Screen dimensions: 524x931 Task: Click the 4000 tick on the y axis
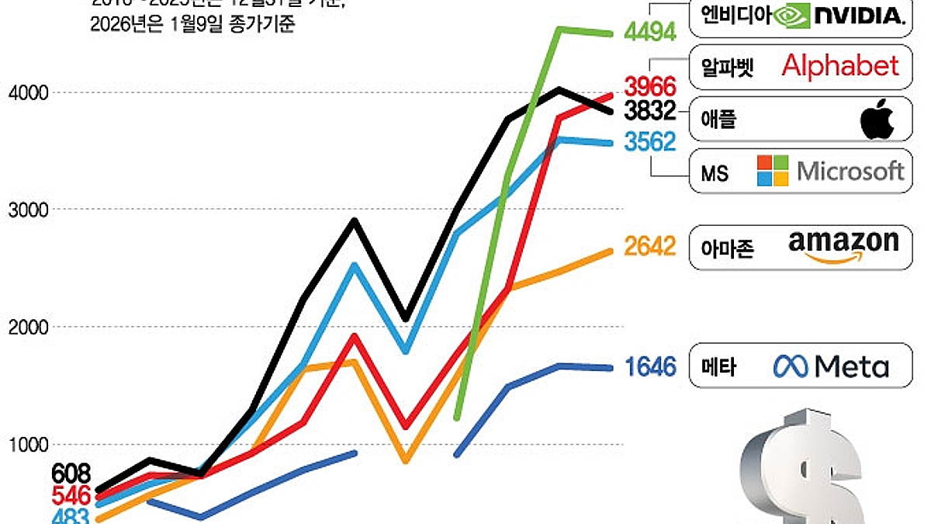[28, 93]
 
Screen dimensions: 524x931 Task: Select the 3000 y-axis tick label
[28, 210]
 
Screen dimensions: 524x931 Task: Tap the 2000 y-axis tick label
[28, 328]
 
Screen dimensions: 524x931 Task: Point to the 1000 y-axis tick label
[28, 445]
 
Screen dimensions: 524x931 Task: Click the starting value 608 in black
[71, 473]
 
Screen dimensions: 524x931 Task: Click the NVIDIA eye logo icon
[792, 15]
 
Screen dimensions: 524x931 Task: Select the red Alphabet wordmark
[840, 66]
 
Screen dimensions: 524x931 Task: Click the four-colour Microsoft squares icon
[773, 171]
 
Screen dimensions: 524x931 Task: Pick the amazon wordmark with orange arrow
[843, 246]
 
